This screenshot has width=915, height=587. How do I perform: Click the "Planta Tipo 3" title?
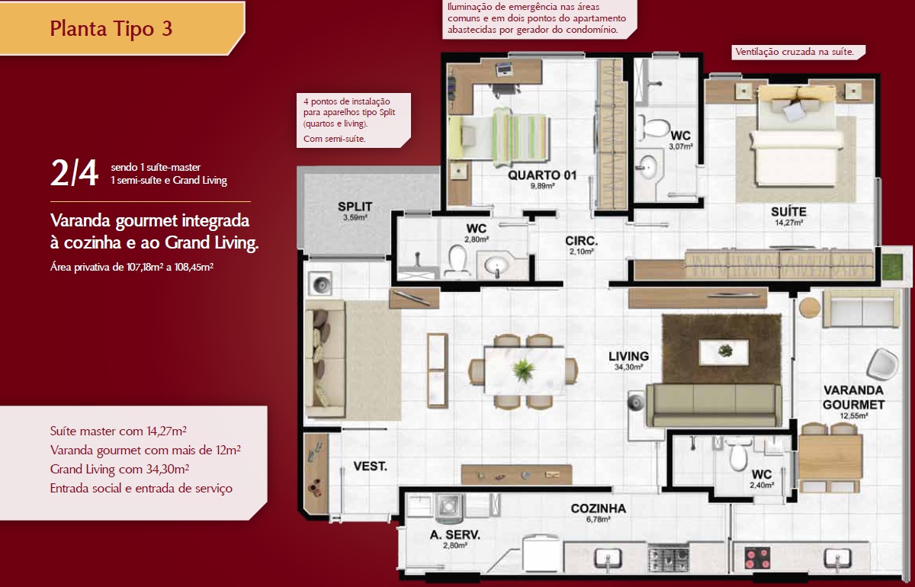click(x=111, y=29)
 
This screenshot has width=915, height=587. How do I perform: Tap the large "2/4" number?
click(x=75, y=173)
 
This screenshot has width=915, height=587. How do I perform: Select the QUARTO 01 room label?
click(x=542, y=175)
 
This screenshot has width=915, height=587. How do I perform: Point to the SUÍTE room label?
click(x=788, y=212)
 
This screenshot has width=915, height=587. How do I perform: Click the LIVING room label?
click(x=628, y=356)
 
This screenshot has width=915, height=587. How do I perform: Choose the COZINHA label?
click(x=599, y=508)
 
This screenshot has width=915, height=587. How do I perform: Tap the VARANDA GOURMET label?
click(x=853, y=397)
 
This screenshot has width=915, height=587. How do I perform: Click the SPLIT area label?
click(x=355, y=207)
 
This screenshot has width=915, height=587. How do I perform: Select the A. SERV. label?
click(x=455, y=534)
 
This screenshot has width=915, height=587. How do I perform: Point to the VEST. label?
click(x=370, y=466)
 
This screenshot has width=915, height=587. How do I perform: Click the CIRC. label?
click(x=581, y=241)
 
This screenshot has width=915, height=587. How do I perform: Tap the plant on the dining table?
click(x=523, y=370)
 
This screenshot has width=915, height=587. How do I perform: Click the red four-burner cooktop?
click(x=757, y=558)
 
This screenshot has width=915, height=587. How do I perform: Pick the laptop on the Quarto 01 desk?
click(x=506, y=69)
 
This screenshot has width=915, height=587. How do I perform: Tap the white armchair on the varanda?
click(x=883, y=364)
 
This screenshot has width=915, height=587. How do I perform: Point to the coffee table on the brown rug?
click(x=724, y=351)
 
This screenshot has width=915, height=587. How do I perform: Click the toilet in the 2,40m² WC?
click(x=738, y=454)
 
